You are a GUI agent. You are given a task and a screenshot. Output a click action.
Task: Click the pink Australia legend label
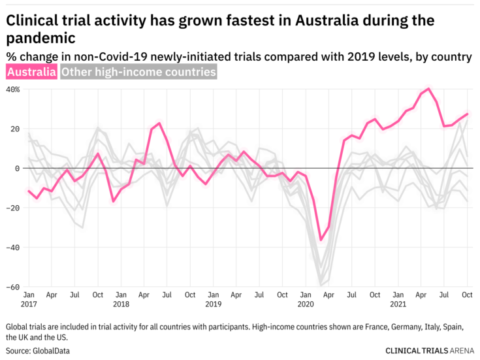[x=31, y=72]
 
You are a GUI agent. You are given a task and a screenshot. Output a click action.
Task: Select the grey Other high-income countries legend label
[x=138, y=72]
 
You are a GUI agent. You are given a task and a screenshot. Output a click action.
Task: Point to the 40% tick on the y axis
[x=14, y=89]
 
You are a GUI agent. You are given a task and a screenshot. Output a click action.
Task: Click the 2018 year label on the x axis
[x=121, y=304]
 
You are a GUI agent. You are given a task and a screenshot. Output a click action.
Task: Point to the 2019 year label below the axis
[x=214, y=304]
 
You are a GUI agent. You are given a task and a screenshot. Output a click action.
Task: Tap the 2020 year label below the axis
[x=306, y=304]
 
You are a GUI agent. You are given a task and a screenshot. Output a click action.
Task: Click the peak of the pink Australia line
[x=428, y=89]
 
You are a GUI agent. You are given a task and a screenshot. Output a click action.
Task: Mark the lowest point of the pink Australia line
[x=321, y=240]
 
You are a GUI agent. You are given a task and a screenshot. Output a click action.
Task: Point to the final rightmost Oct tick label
[x=468, y=295]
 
